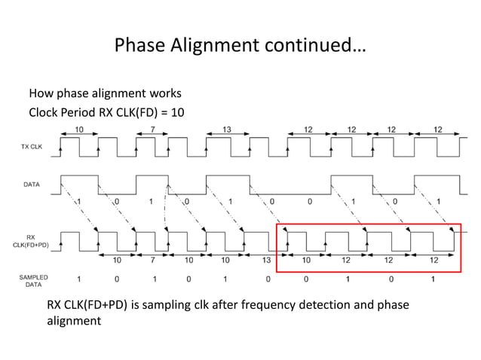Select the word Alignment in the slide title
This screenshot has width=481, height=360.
point(219,46)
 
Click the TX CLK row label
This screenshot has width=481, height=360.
point(32,148)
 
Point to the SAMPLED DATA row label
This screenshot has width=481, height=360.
point(33,281)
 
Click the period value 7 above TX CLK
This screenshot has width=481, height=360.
point(152,130)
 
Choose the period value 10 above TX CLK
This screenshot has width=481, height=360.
point(78,130)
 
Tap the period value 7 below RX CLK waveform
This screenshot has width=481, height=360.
point(153,260)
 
